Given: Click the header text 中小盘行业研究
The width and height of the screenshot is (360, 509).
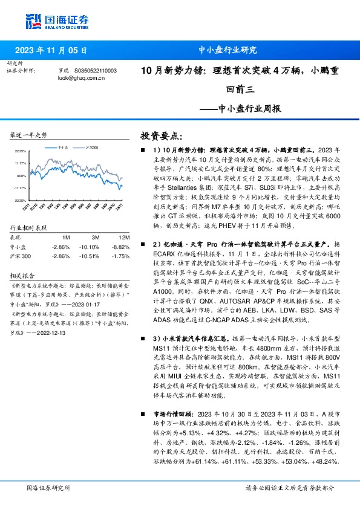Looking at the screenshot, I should pos(227,50).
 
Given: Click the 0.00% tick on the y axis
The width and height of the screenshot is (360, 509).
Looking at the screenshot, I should pos(21,175).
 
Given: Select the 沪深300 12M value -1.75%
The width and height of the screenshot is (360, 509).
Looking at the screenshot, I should pos(122,256).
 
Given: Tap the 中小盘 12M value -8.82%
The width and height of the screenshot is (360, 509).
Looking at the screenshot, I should pos(122,247).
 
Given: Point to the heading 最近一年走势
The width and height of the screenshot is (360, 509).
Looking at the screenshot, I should pos(29,134).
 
